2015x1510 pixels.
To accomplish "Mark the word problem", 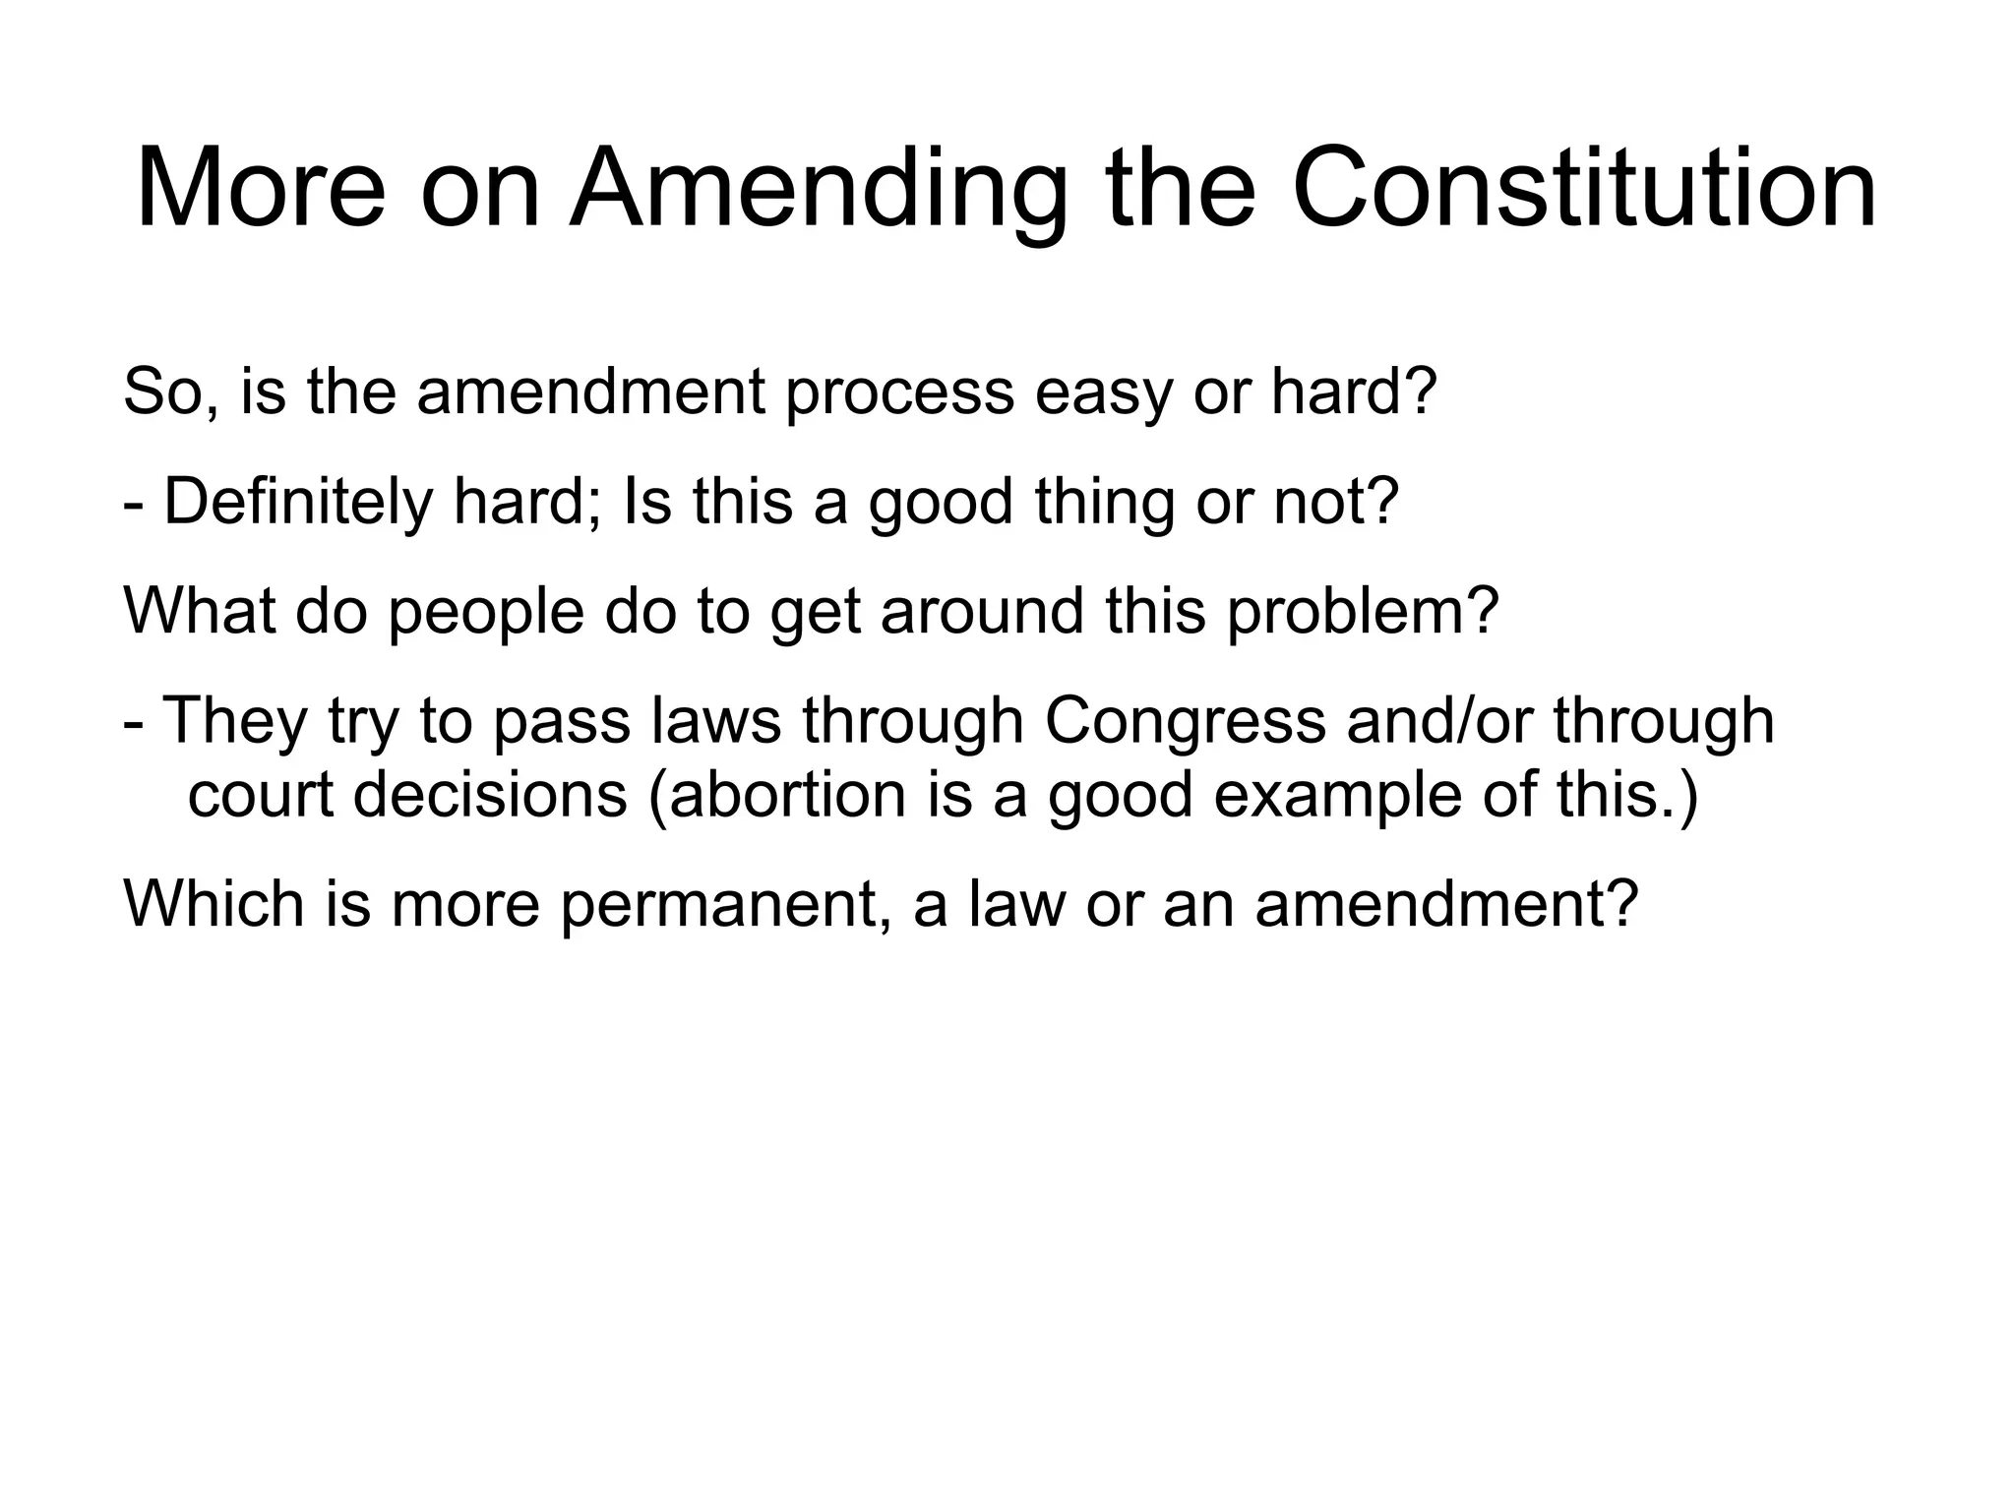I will coord(1362,612).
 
